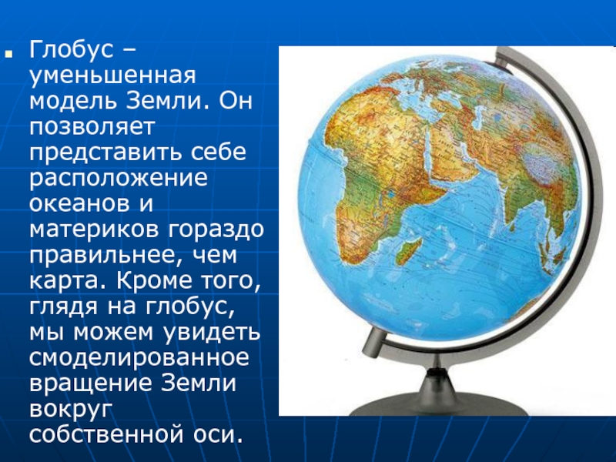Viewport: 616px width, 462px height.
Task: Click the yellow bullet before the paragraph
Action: [x=8, y=53]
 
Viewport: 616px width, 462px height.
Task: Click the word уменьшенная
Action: [x=112, y=76]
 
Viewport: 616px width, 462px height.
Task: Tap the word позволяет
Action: [x=92, y=126]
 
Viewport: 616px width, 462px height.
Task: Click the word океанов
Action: [x=79, y=203]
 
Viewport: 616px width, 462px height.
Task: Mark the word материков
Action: [x=94, y=229]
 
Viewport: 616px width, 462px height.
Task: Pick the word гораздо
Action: [x=216, y=230]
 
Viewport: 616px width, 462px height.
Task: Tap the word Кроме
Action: [x=150, y=280]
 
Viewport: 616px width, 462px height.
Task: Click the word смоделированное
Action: [x=139, y=358]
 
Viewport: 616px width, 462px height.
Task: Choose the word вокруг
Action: [x=71, y=410]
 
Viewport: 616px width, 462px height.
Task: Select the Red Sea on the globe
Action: [x=434, y=156]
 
